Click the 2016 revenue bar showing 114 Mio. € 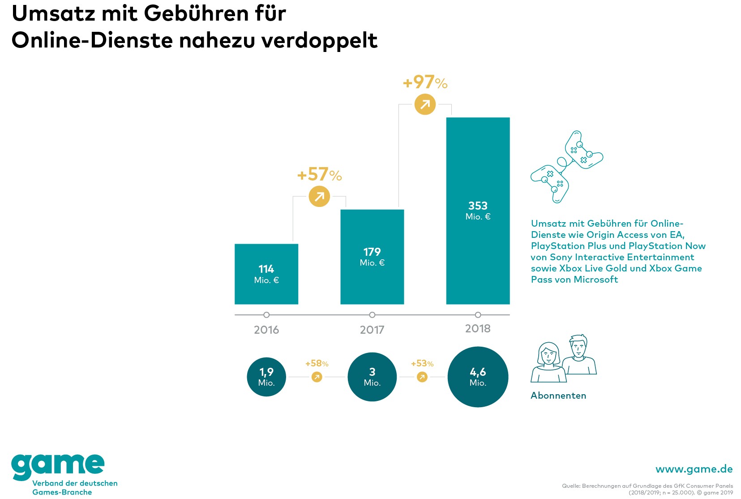point(266,274)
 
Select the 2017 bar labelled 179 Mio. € point(372,257)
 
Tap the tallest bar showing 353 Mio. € point(478,211)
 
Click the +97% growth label point(425,82)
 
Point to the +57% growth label point(319,174)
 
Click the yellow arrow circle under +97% point(425,104)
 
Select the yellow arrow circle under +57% point(319,197)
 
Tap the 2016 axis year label point(266,330)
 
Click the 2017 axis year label point(372,330)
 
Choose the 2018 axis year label point(478,329)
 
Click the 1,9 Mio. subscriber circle point(266,377)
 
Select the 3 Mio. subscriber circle point(372,377)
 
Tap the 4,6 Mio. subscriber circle point(478,377)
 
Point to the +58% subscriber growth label point(317,363)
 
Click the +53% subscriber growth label point(422,363)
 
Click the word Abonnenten point(558,396)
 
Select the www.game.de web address point(694,469)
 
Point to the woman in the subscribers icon point(548,363)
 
